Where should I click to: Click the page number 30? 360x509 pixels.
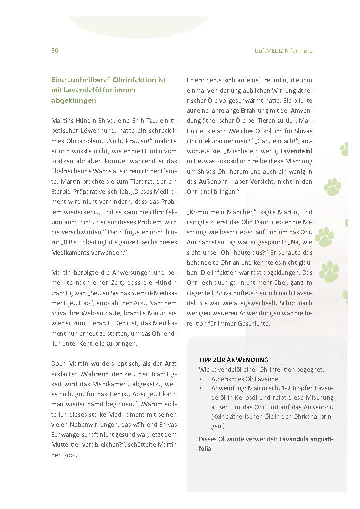[54, 51]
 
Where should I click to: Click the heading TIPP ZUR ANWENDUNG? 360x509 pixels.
[233, 360]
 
